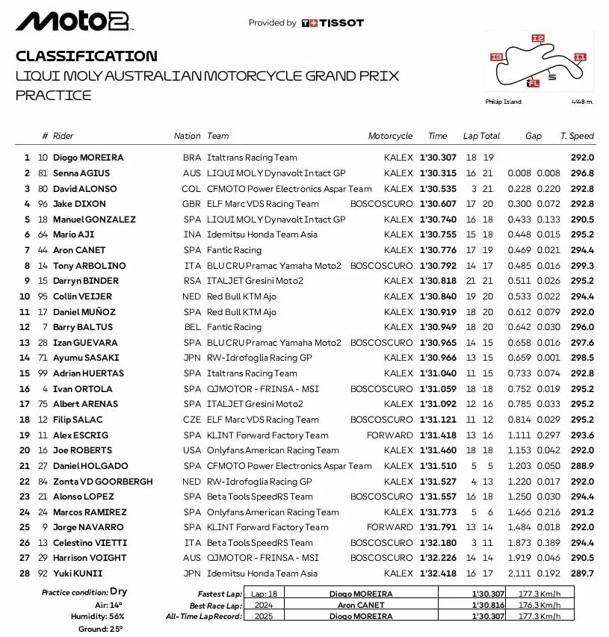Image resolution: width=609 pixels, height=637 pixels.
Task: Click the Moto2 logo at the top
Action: (x=73, y=22)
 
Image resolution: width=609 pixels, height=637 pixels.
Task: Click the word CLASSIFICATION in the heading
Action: (x=87, y=56)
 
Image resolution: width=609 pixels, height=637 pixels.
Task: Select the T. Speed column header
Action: (x=577, y=136)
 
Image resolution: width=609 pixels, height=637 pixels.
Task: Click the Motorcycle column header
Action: (x=390, y=136)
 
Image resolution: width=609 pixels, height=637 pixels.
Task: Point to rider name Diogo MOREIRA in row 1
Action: (x=88, y=158)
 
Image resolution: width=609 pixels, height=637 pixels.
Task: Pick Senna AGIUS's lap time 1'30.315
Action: (x=437, y=173)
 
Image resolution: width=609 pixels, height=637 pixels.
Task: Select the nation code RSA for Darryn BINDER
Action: (x=192, y=281)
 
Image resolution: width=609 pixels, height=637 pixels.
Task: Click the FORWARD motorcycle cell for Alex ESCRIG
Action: (x=389, y=435)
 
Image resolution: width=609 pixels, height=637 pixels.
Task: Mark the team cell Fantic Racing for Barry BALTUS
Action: (x=234, y=327)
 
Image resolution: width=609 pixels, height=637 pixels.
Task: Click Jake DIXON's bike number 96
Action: (x=43, y=204)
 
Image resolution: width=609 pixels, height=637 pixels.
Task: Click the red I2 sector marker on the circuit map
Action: (x=537, y=38)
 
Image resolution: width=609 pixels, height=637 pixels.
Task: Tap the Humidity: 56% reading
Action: (x=99, y=616)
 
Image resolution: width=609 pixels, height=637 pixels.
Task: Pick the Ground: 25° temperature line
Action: (x=102, y=629)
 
